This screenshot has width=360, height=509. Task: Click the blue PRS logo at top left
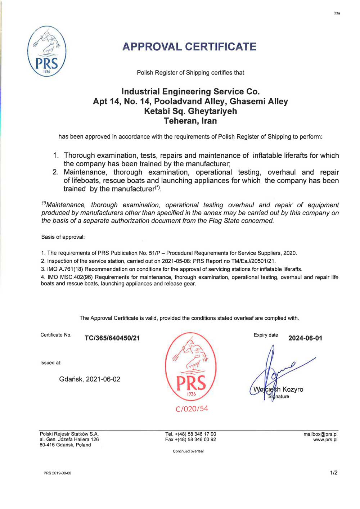pos(47,51)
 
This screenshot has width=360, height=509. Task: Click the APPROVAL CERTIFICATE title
pos(189,47)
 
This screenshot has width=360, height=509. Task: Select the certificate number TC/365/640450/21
pos(112,338)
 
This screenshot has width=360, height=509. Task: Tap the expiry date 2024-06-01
pos(305,338)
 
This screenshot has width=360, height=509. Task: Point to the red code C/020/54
pos(192,409)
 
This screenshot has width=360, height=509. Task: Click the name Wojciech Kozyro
pos(278,389)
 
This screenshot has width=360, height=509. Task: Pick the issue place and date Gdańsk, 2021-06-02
pos(90,379)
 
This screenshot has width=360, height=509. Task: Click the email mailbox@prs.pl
pos(320,434)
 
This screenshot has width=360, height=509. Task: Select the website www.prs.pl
pos(325,440)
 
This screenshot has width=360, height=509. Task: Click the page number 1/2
pos(334,473)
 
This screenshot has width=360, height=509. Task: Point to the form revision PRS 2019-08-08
pos(58,473)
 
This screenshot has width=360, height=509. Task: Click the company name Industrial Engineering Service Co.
pos(190,91)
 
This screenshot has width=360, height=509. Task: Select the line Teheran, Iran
pos(190,121)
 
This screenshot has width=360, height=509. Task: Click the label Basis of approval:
pos(63,237)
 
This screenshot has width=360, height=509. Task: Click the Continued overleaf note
pos(188,451)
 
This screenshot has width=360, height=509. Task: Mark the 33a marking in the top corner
pos(337,13)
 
